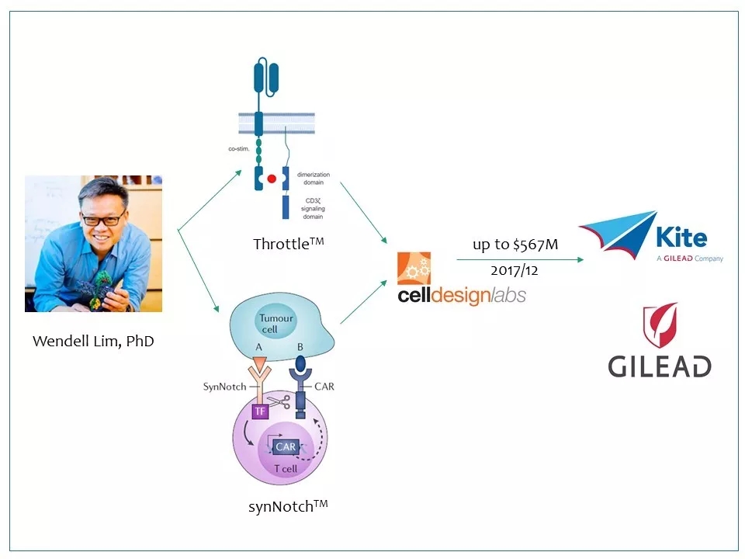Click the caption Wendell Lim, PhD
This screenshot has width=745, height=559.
(x=93, y=341)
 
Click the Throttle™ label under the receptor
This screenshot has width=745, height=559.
(x=288, y=243)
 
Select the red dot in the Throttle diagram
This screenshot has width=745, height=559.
(x=272, y=179)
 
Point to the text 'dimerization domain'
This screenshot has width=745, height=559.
(x=313, y=179)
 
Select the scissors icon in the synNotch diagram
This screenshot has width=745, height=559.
(x=283, y=402)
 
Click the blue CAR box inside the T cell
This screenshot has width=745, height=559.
(x=285, y=447)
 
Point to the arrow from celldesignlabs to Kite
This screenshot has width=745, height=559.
(x=520, y=259)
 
